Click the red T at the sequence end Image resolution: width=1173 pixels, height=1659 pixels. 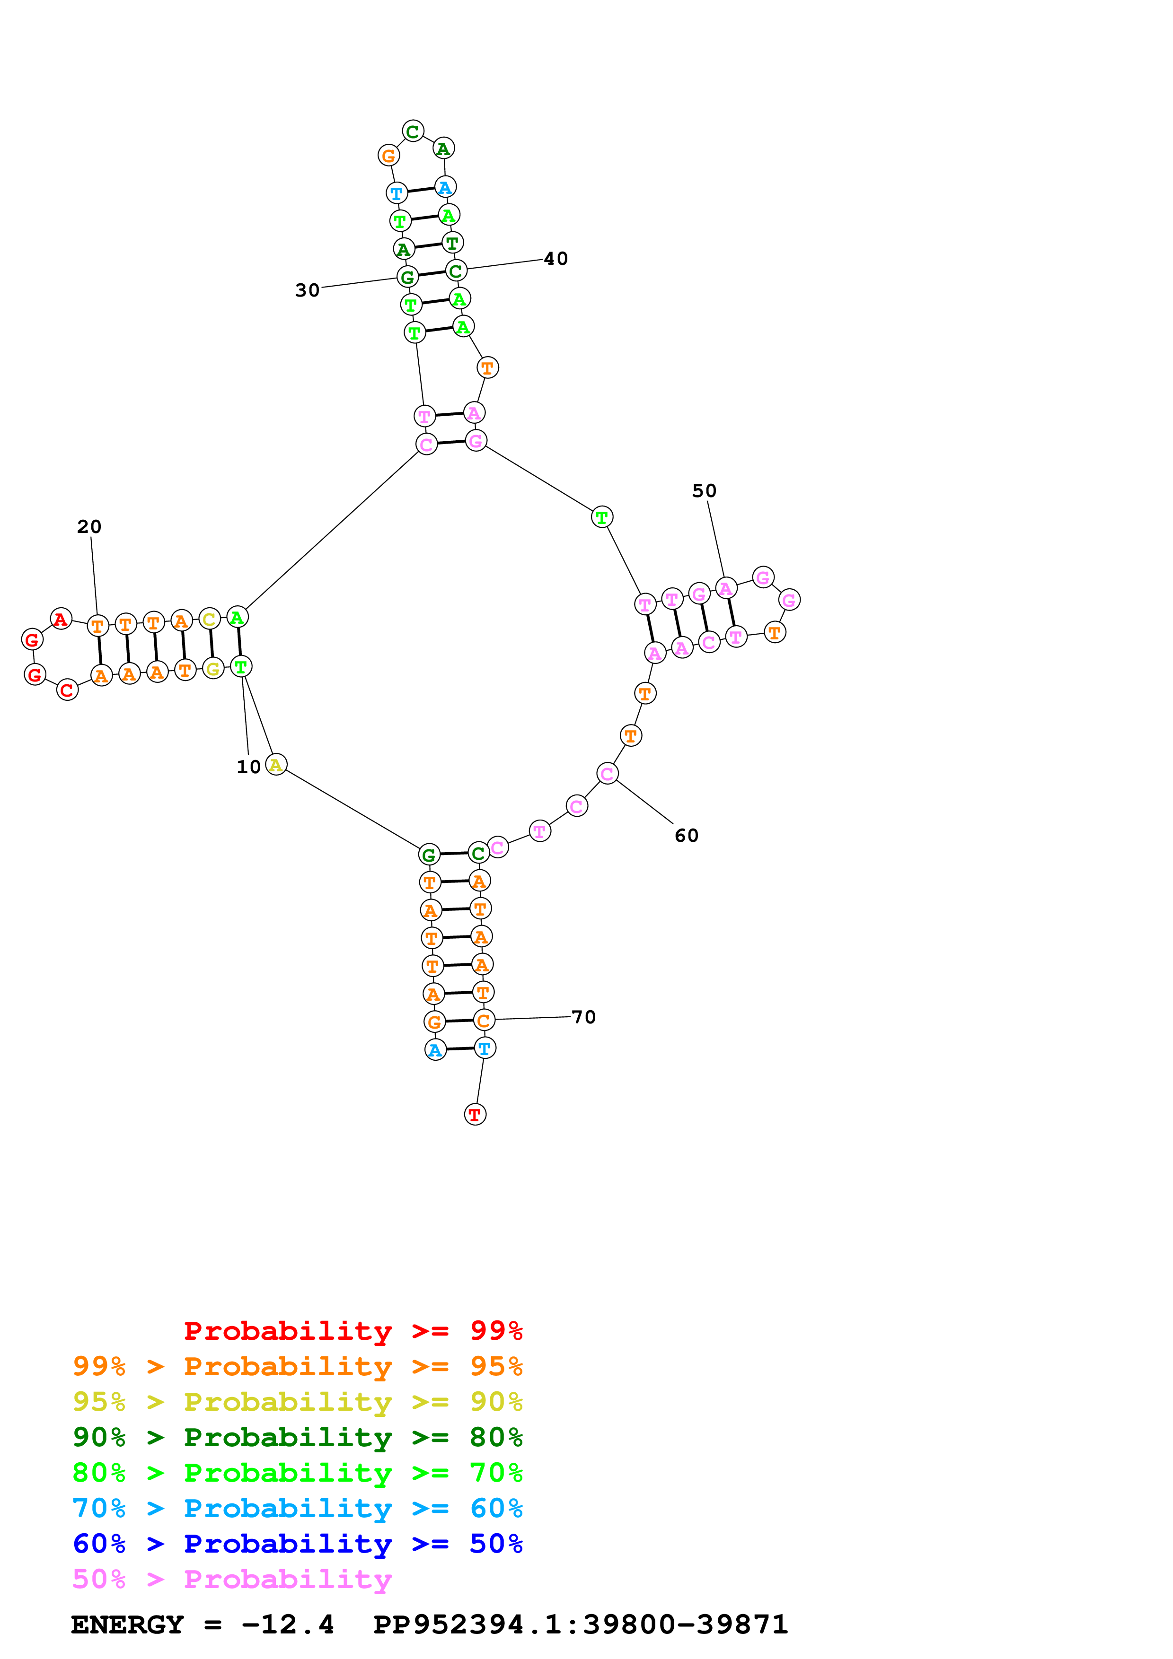(x=475, y=1114)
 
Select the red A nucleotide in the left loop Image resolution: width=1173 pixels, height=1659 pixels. (x=61, y=619)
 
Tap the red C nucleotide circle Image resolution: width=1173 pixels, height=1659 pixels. (x=67, y=690)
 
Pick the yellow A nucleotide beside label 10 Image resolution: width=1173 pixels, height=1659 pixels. (x=276, y=764)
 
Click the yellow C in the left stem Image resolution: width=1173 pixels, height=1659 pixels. (x=209, y=619)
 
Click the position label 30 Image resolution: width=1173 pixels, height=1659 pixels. (x=307, y=290)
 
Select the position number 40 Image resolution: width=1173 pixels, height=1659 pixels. (x=556, y=259)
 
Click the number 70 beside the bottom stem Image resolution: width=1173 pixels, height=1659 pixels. (x=583, y=1017)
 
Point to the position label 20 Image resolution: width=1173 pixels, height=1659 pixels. (x=89, y=527)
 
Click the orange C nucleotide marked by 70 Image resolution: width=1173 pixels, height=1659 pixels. (x=484, y=1020)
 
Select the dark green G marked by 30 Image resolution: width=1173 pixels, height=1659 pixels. (x=407, y=277)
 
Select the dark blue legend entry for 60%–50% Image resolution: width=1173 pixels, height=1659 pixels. (x=298, y=1544)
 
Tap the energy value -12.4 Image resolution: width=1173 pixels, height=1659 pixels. (x=288, y=1624)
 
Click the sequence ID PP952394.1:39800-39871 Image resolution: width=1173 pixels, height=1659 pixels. (x=580, y=1624)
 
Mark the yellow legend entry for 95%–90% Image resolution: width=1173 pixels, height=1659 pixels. (x=298, y=1401)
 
